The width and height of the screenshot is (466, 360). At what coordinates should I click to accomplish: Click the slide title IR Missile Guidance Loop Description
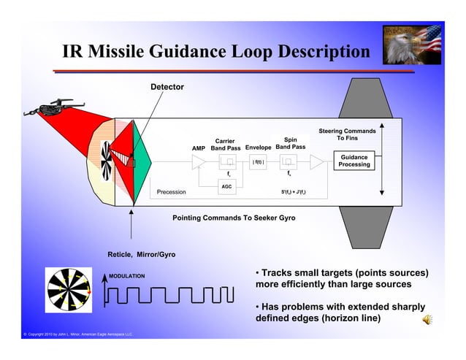click(215, 53)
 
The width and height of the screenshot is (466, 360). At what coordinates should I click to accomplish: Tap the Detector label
click(167, 88)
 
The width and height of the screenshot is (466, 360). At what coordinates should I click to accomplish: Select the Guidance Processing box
click(354, 161)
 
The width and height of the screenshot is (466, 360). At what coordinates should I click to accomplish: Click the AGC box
click(226, 187)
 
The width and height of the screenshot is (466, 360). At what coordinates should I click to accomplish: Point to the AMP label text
click(198, 148)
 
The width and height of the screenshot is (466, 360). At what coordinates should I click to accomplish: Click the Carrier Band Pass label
click(225, 145)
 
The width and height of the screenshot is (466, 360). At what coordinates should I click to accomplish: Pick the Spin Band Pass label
click(290, 143)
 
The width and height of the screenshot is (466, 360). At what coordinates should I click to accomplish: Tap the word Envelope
click(259, 148)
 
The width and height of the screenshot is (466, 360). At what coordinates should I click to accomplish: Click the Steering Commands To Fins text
click(347, 135)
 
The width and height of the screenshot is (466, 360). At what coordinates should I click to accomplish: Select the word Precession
click(172, 193)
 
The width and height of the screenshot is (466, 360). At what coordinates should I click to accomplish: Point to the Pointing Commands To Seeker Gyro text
click(234, 218)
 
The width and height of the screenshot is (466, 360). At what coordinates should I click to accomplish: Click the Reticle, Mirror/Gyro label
click(141, 254)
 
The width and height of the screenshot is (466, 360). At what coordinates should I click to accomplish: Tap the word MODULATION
click(127, 276)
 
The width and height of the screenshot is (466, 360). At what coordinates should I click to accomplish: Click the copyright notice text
click(68, 334)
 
